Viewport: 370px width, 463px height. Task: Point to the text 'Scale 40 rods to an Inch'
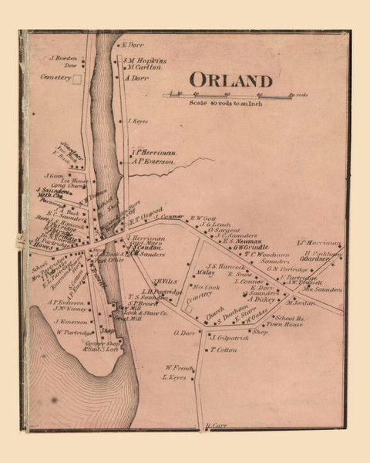pos(230,103)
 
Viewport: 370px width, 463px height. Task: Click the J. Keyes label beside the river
pos(136,121)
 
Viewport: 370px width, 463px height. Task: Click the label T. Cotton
pos(222,350)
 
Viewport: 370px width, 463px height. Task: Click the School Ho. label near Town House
pos(288,318)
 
